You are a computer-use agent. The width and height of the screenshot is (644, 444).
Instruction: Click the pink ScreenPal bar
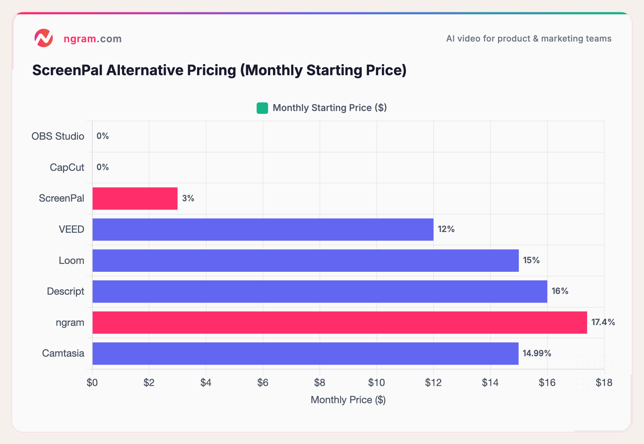pos(135,198)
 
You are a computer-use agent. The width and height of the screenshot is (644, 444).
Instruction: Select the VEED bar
pos(263,230)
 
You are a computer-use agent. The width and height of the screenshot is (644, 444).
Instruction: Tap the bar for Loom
pos(306,261)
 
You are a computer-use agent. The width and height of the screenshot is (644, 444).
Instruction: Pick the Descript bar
pos(320,291)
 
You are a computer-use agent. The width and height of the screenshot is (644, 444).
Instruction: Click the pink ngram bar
pos(340,323)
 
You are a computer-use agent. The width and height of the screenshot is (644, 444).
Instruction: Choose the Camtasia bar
pos(306,353)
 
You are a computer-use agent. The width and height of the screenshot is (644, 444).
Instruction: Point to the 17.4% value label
pos(603,322)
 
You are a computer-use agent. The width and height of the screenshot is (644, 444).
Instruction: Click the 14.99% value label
pos(537,353)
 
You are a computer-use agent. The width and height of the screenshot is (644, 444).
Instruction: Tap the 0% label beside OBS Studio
pos(103,136)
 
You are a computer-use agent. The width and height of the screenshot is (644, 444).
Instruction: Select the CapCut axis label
pos(67,167)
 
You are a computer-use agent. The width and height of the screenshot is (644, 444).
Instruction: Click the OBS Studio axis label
pos(58,136)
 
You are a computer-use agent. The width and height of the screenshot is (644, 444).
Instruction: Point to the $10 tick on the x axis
pos(376,383)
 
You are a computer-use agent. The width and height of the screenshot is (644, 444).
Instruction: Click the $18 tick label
pos(604,383)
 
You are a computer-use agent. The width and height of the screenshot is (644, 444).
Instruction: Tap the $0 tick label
pos(92,383)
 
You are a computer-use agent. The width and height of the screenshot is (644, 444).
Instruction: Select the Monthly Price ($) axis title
pos(348,400)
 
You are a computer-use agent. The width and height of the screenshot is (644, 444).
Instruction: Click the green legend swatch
pos(262,108)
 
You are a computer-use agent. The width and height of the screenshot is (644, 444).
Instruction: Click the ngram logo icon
pos(44,38)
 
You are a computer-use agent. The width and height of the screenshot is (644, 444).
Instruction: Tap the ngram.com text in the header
pos(93,39)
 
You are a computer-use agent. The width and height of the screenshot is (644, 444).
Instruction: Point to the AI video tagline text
pos(528,39)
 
